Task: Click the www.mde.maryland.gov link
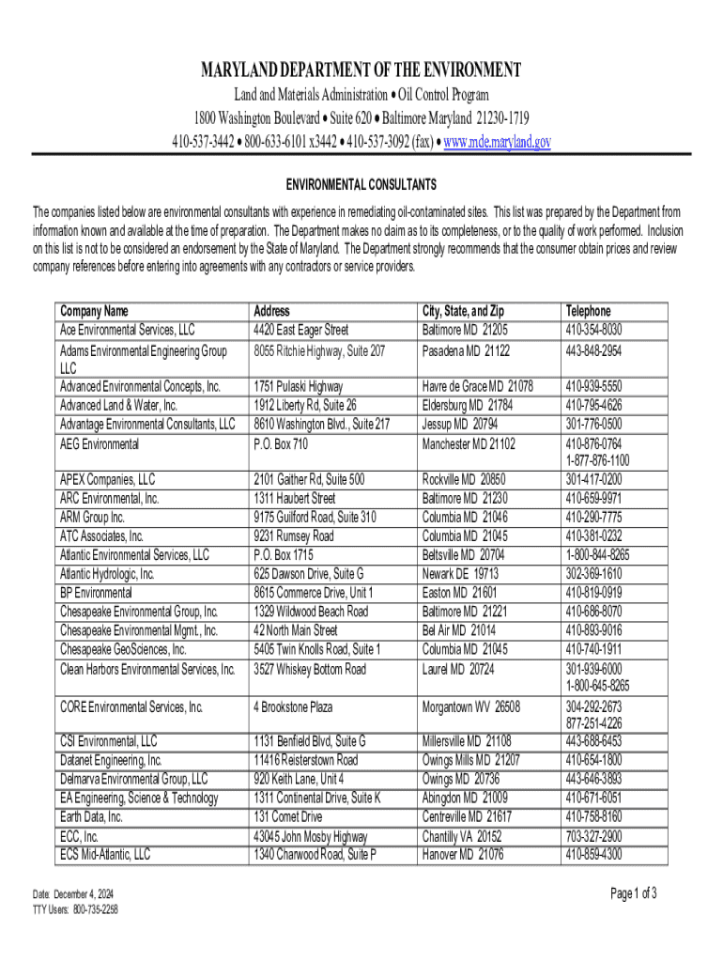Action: (x=497, y=142)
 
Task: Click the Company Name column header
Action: (x=94, y=311)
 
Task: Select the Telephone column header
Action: (x=588, y=311)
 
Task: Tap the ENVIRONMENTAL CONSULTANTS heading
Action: (x=361, y=184)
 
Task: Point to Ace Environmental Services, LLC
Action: (x=127, y=330)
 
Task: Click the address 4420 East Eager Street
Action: (x=300, y=330)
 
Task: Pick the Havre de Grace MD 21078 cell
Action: (x=478, y=386)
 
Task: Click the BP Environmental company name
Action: (x=96, y=593)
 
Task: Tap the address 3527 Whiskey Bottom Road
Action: (x=310, y=670)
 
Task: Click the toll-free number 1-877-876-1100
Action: (x=597, y=460)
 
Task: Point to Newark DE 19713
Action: (x=460, y=574)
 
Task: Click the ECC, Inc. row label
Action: (x=80, y=836)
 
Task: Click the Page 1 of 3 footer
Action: (x=634, y=892)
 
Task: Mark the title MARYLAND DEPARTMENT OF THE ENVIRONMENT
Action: (x=361, y=70)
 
